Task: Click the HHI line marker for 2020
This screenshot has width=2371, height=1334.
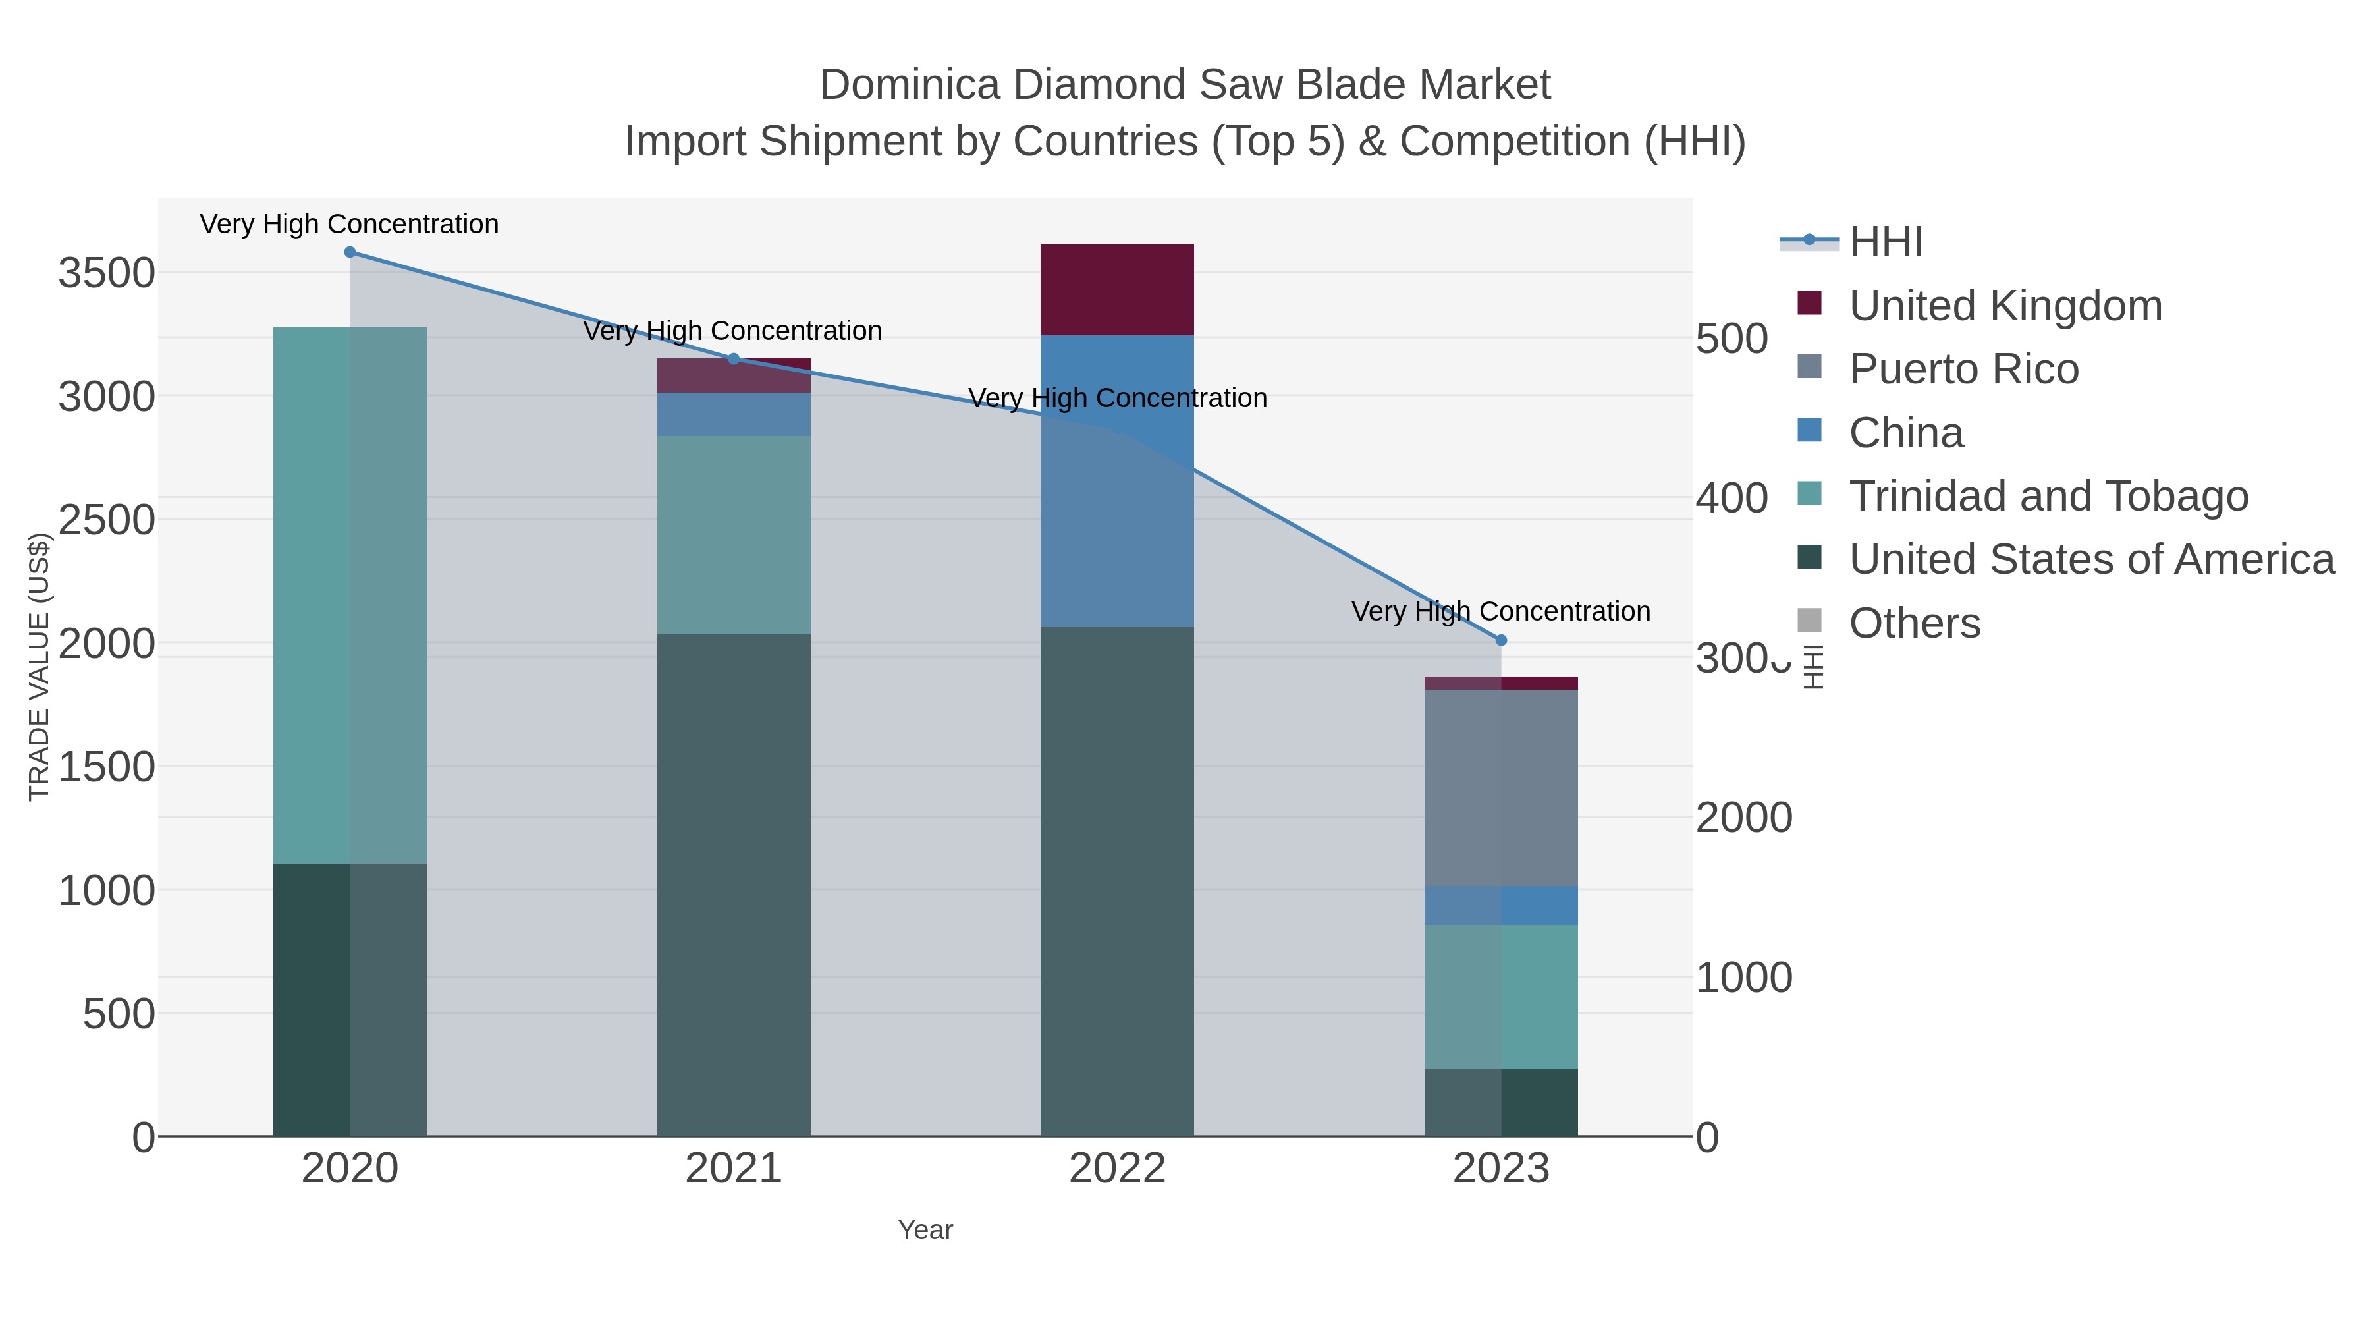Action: click(350, 252)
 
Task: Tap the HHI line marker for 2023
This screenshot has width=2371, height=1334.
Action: click(1501, 640)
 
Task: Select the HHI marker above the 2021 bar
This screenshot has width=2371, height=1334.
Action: click(734, 359)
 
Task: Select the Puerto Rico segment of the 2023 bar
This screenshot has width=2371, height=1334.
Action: click(1501, 788)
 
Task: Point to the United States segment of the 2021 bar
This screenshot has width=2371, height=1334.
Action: click(734, 884)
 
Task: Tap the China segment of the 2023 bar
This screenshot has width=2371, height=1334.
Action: click(1501, 906)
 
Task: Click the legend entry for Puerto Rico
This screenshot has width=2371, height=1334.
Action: click(1963, 369)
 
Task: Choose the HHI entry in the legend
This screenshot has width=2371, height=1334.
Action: click(1886, 242)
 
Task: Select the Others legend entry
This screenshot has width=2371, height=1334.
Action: click(1915, 623)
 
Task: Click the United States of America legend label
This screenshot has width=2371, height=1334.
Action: click(2091, 560)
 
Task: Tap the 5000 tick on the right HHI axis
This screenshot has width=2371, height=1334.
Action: click(1731, 339)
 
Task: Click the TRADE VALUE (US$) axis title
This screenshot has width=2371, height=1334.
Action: click(39, 667)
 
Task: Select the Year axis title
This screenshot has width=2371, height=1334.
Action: click(925, 1230)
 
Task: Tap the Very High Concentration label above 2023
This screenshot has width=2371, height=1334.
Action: click(1500, 611)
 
